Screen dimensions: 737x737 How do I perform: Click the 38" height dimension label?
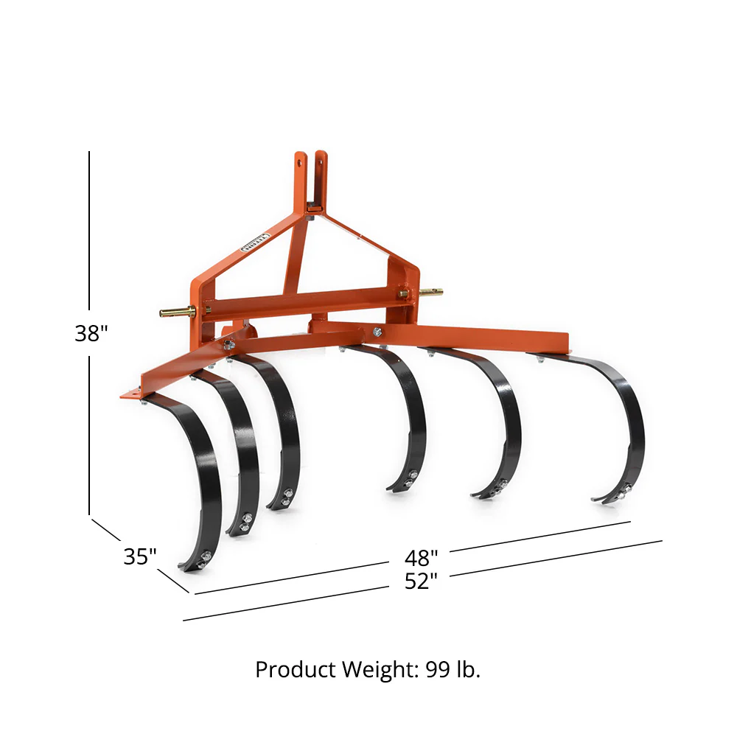point(91,333)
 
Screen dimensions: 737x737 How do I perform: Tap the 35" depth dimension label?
point(140,556)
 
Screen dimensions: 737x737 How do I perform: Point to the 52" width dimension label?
point(421,581)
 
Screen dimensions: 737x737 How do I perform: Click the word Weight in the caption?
point(375,670)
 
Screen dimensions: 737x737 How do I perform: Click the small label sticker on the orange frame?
point(256,243)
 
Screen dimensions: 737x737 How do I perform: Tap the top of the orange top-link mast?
point(310,156)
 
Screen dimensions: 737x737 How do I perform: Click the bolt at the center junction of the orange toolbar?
point(377,332)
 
